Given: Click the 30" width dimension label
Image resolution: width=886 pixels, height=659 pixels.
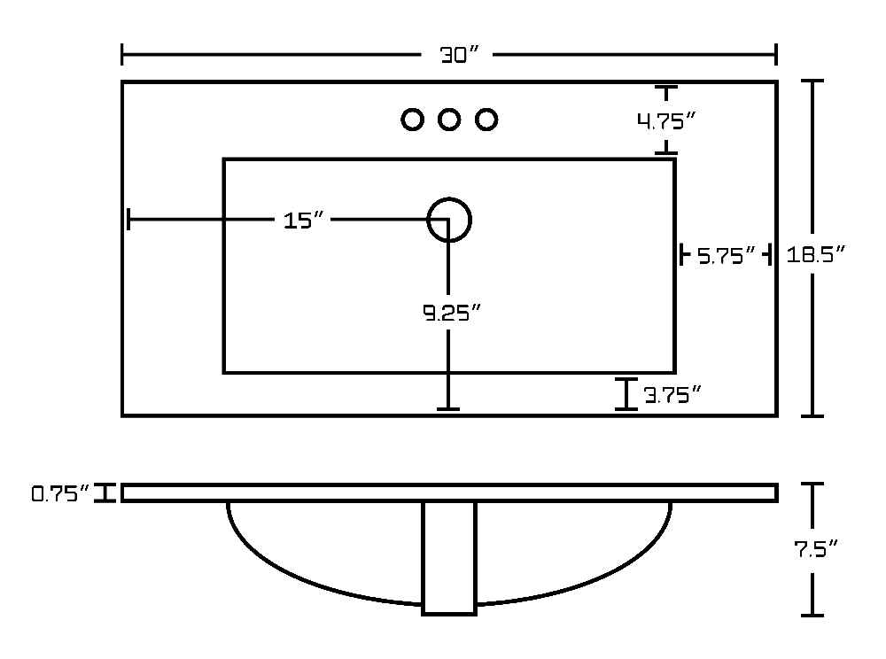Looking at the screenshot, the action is [x=459, y=55].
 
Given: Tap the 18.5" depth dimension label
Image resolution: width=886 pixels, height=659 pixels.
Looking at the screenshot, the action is [x=815, y=255].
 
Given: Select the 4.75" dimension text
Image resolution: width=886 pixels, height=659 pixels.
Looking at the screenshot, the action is [x=665, y=120].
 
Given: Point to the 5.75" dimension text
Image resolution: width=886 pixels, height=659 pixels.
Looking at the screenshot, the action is [x=727, y=256].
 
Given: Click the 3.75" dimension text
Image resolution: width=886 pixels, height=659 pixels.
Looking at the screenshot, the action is [x=672, y=395].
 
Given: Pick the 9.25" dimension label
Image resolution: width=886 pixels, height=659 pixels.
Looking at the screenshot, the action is [x=452, y=313].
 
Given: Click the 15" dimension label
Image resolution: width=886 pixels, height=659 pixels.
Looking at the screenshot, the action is [x=304, y=221].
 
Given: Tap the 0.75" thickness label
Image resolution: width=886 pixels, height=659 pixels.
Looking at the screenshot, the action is [x=60, y=494].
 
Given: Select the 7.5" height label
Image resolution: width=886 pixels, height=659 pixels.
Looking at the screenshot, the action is [x=815, y=548].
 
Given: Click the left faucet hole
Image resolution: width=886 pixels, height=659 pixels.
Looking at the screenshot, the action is [x=413, y=120].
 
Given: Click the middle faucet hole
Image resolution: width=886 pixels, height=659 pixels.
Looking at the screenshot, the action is [x=449, y=120].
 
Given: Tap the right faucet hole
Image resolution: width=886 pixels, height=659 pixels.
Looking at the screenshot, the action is [x=486, y=120].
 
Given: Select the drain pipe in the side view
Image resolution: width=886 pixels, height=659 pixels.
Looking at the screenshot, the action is [x=449, y=558].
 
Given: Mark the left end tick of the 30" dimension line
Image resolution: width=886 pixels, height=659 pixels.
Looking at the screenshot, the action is [x=122, y=55].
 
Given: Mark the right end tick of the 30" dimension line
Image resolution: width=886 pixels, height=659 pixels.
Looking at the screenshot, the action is [x=776, y=55].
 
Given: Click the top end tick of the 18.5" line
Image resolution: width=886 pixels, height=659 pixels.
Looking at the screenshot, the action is [x=812, y=81].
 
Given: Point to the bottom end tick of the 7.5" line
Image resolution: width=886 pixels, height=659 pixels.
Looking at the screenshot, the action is [x=812, y=615].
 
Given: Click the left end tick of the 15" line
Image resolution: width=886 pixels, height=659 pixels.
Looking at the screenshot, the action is [x=129, y=219].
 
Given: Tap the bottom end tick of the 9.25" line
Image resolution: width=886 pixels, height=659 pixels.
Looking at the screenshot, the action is [x=448, y=409].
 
